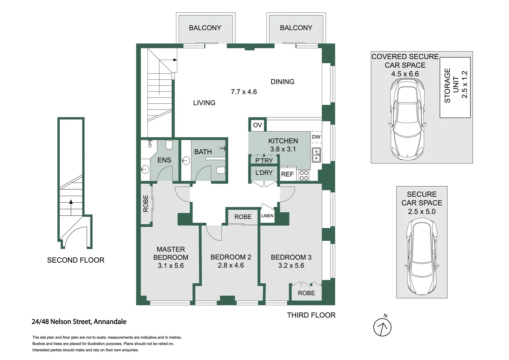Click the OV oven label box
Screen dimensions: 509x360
(x=257, y=125)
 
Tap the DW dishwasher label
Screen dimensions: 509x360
(x=316, y=137)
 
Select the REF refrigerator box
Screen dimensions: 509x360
(x=287, y=174)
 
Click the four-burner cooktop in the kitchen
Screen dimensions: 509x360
(x=304, y=175)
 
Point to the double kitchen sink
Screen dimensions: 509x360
(x=316, y=155)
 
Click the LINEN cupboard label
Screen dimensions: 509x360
(x=267, y=216)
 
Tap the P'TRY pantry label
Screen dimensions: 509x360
(x=264, y=161)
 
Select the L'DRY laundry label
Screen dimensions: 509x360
(x=264, y=173)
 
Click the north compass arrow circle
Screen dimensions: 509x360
(x=382, y=327)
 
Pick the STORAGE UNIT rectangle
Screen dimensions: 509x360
(x=455, y=88)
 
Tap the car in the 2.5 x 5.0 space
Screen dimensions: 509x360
(x=422, y=256)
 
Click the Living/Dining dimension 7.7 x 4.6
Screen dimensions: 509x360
(x=244, y=92)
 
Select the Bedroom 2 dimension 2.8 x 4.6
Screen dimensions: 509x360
(x=231, y=265)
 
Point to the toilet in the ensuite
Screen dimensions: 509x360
(x=169, y=145)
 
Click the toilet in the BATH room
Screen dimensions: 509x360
(x=221, y=170)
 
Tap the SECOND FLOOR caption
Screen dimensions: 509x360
(x=76, y=260)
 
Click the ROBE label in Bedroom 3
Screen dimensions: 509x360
(x=306, y=293)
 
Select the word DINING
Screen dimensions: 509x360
(x=282, y=82)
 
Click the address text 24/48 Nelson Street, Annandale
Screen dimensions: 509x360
(x=79, y=322)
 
